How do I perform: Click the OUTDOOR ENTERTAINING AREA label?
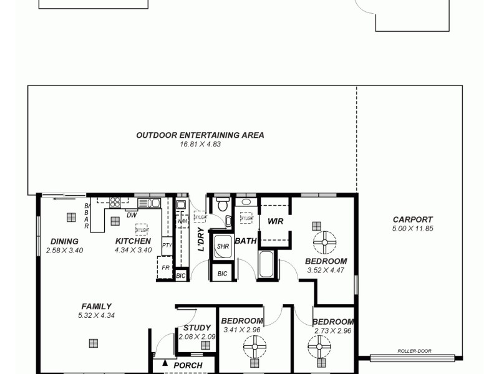click(x=200, y=135)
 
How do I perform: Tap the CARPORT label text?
click(x=412, y=219)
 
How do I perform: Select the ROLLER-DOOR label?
click(x=414, y=351)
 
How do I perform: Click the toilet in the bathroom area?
click(x=223, y=204)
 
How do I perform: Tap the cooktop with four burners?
click(x=115, y=202)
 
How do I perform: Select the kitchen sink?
click(x=149, y=203)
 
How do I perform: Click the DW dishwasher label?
click(x=132, y=215)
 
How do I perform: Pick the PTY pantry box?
click(x=167, y=246)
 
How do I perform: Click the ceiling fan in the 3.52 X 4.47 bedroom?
click(x=324, y=241)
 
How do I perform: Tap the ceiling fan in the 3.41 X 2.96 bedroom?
click(x=254, y=345)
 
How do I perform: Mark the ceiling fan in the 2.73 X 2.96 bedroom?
click(x=319, y=345)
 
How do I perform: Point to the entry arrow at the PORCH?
click(x=165, y=363)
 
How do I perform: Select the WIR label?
click(x=275, y=221)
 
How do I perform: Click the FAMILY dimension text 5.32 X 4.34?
click(x=96, y=315)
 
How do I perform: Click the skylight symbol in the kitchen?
click(x=141, y=229)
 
